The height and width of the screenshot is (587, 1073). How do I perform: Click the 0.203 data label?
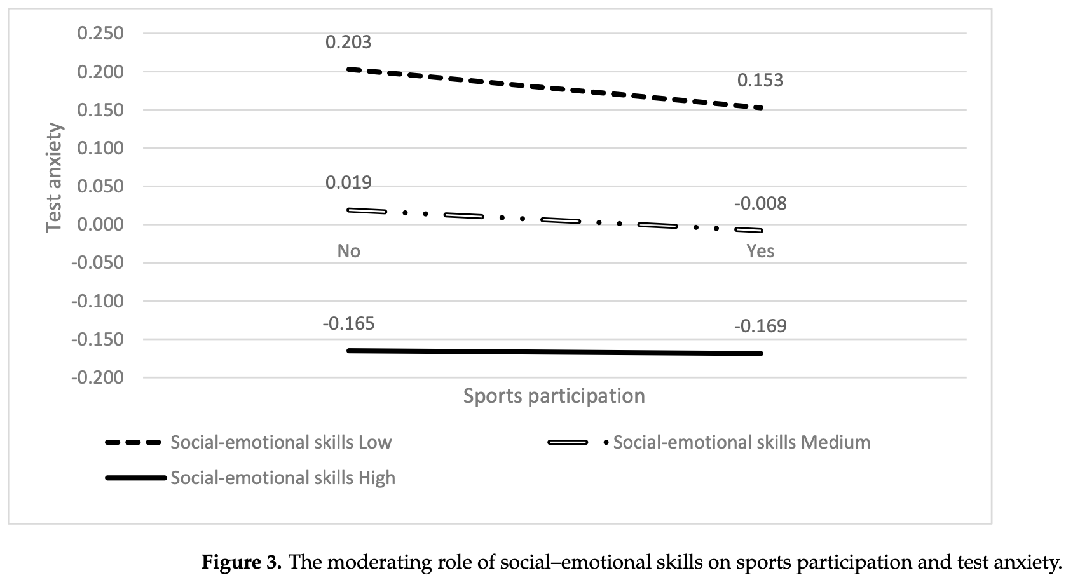point(348,43)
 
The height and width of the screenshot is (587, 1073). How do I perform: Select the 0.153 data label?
point(760,81)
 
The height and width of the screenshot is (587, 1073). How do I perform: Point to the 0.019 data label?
point(348,183)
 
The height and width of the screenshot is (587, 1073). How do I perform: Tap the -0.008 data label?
point(760,204)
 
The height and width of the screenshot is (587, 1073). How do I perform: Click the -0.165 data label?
point(348,324)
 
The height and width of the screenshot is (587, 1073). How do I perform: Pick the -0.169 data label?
point(760,327)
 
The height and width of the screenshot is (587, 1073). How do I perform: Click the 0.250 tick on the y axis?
point(100,33)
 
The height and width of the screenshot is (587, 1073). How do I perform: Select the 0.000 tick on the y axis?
point(100,224)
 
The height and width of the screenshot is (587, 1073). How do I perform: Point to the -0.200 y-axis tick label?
point(97,377)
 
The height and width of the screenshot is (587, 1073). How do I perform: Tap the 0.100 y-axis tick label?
point(100,148)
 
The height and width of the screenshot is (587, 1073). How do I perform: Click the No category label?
point(348,252)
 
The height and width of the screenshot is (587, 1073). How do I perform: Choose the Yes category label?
point(760,252)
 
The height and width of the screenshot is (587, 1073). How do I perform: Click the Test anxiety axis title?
point(55,178)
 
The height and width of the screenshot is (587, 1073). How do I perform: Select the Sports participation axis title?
point(554,396)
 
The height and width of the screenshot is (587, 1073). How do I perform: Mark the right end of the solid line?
point(762,353)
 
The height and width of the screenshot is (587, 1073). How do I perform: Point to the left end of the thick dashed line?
point(348,69)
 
